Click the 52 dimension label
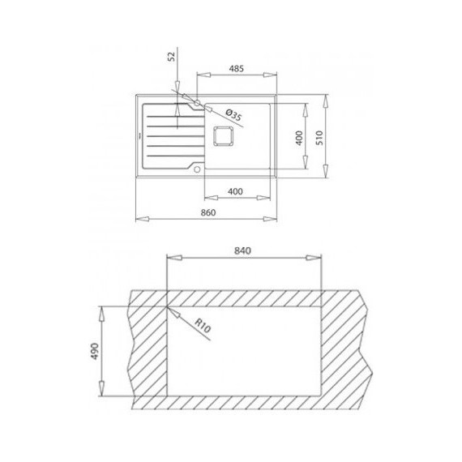171,57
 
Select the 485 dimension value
237,70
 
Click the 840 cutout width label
242,250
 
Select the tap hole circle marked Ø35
196,104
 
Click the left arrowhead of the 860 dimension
137,218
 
